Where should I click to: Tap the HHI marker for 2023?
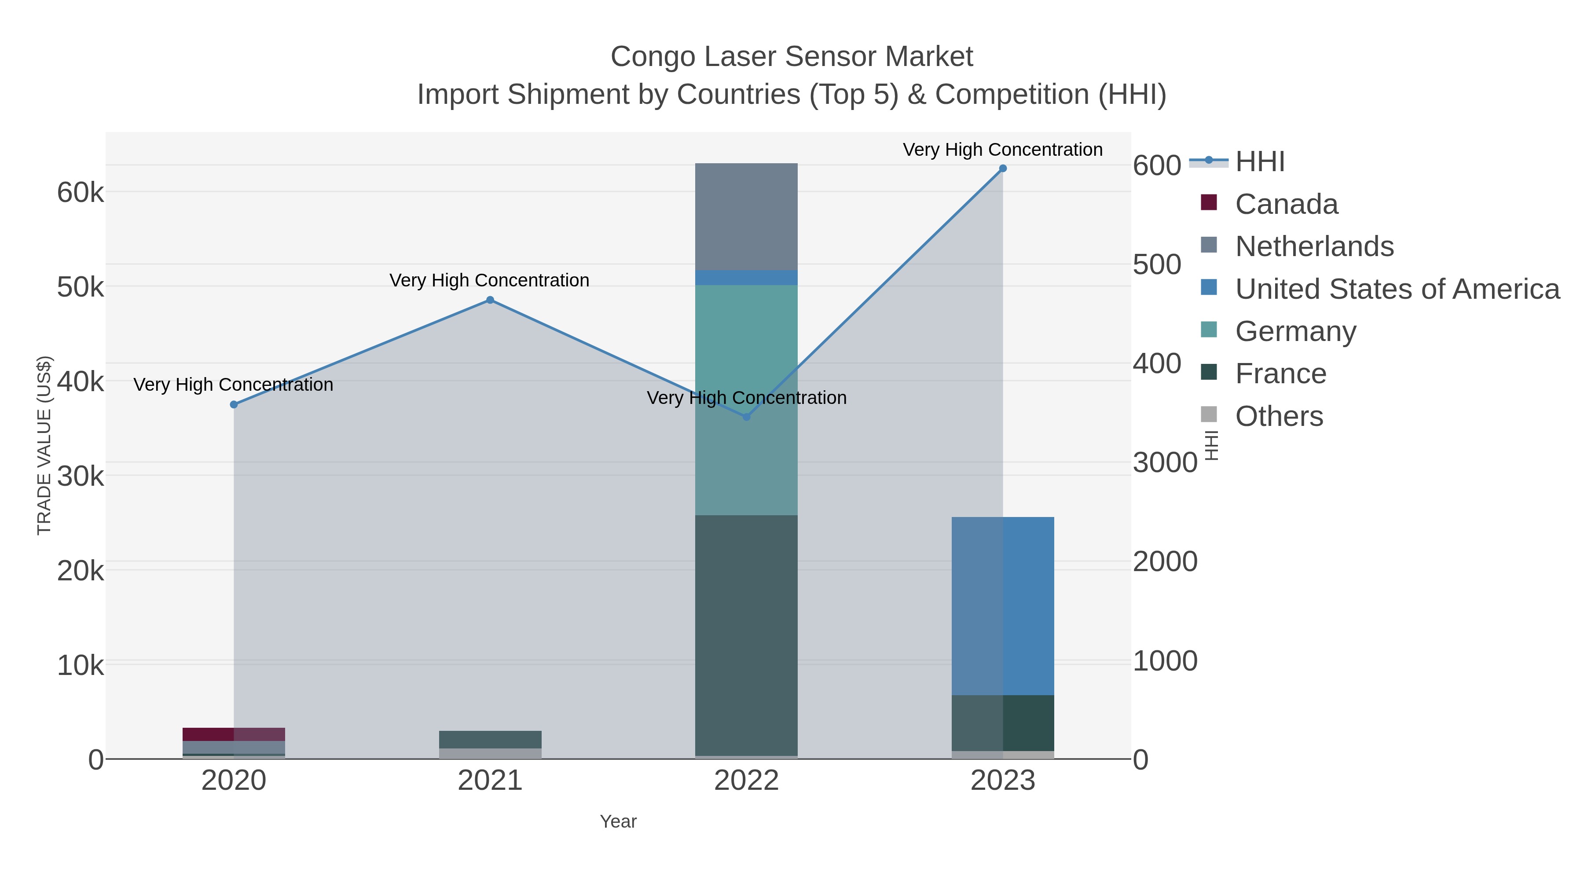pyautogui.click(x=1003, y=169)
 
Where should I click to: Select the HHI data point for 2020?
pyautogui.click(x=234, y=405)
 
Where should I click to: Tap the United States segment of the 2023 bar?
pyautogui.click(x=1003, y=606)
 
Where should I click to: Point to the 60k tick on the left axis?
pyautogui.click(x=81, y=192)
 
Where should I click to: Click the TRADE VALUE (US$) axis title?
pyautogui.click(x=44, y=445)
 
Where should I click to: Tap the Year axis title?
pyautogui.click(x=618, y=821)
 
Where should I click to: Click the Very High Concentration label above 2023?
pyautogui.click(x=1002, y=150)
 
